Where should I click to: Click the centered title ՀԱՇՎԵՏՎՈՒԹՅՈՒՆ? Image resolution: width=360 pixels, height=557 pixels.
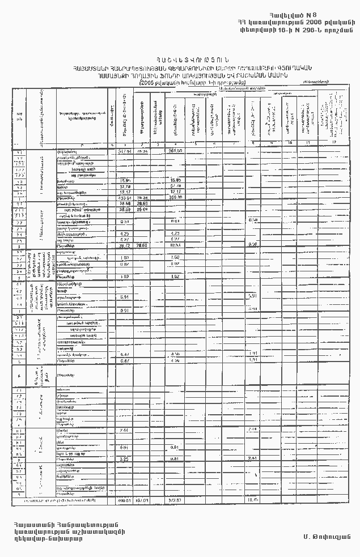[180, 60]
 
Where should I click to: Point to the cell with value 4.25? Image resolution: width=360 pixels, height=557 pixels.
[125, 233]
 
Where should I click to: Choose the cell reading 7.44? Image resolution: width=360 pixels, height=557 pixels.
[125, 431]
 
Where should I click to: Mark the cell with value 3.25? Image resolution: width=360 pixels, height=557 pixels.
[125, 458]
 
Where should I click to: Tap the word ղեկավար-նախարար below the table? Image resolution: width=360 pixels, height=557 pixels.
[49, 538]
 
